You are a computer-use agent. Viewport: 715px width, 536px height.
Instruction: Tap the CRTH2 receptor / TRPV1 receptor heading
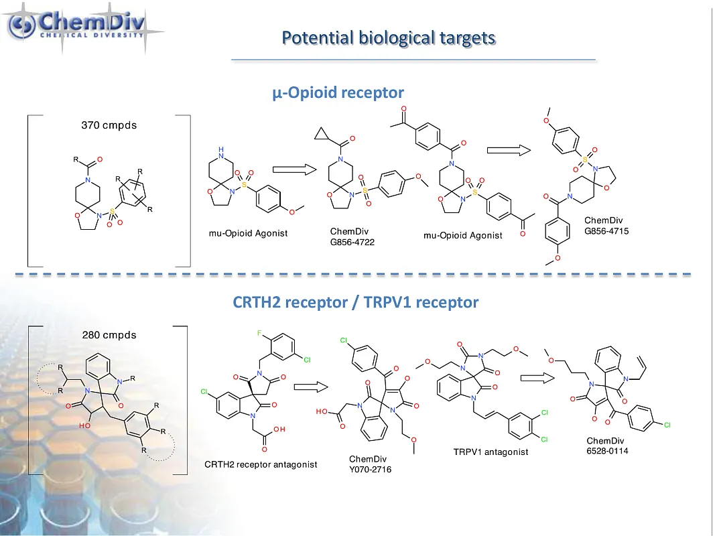356,302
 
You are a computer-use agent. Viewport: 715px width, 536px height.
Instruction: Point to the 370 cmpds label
109,125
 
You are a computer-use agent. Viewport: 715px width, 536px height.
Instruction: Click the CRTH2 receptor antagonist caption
261,464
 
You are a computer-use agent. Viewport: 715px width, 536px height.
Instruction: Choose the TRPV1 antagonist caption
491,452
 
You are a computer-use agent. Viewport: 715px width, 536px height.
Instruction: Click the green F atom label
259,333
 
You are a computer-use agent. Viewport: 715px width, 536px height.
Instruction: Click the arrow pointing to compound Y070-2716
310,387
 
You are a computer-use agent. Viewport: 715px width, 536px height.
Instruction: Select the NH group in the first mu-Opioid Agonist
231,150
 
